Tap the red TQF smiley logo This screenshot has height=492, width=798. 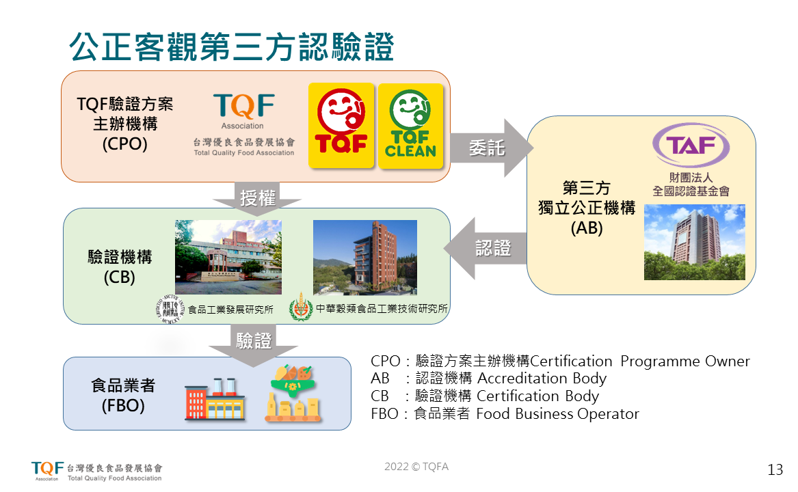click(341, 125)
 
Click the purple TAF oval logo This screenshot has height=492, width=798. click(691, 146)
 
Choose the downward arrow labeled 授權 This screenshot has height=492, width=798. click(257, 198)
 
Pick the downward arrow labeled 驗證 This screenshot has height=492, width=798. click(254, 341)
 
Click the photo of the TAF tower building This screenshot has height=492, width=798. click(694, 242)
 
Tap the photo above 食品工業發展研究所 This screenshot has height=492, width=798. click(228, 257)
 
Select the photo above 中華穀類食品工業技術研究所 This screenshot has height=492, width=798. click(364, 257)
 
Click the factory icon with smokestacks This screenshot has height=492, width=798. click(215, 400)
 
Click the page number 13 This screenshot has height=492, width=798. click(775, 470)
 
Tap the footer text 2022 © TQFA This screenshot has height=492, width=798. click(416, 467)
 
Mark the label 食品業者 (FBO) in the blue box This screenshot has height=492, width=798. click(123, 395)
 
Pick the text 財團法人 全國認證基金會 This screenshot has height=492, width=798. click(691, 184)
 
